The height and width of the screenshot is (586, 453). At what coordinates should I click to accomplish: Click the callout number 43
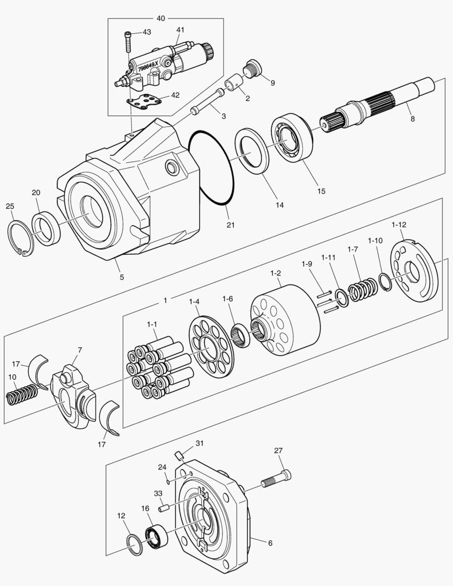pos(146,33)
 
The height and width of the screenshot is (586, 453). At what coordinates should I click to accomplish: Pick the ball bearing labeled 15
pos(291,138)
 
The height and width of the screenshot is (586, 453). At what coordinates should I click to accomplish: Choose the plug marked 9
pos(253,68)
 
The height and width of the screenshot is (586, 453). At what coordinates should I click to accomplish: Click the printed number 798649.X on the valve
pos(148,67)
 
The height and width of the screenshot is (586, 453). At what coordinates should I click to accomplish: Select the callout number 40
pos(161,18)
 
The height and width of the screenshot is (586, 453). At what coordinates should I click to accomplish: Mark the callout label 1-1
pos(152,324)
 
